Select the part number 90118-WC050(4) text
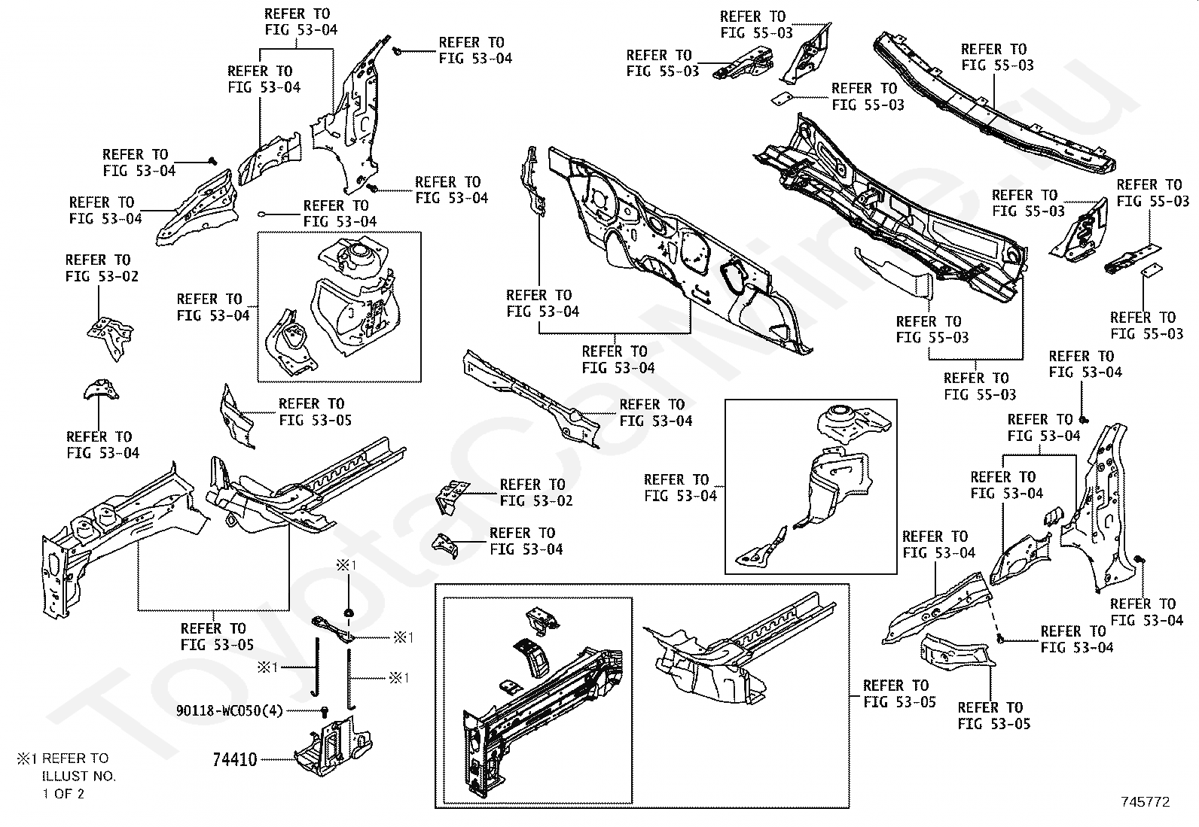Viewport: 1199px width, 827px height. click(x=230, y=710)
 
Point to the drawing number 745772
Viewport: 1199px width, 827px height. click(x=1144, y=802)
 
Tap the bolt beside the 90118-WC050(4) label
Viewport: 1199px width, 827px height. click(x=325, y=710)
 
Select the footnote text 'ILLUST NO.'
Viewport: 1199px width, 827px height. click(x=79, y=776)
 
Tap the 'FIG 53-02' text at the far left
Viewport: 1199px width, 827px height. click(x=102, y=276)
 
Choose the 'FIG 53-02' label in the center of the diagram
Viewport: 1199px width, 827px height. click(x=536, y=500)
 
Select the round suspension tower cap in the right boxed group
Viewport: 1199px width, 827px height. click(x=840, y=418)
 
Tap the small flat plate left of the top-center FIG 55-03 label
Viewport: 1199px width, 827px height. click(x=781, y=98)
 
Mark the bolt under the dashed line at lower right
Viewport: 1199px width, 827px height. click(x=1000, y=637)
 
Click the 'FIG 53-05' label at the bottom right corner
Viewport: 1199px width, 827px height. click(x=993, y=724)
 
